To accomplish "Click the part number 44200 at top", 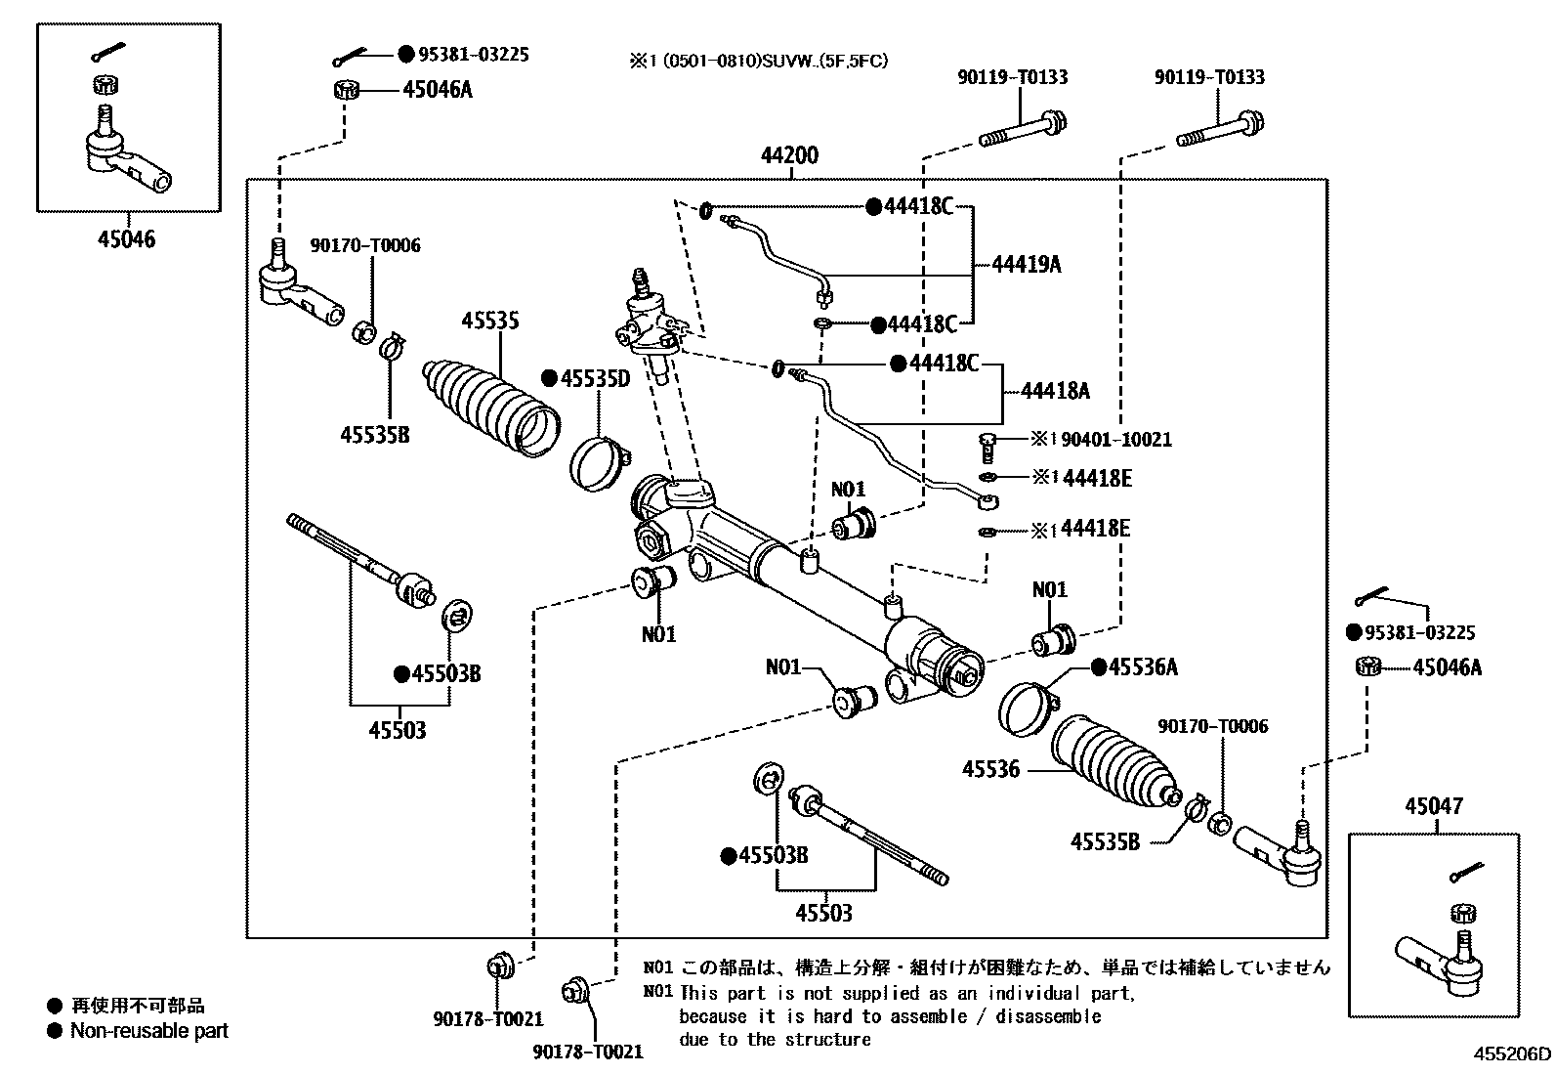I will click(x=789, y=155).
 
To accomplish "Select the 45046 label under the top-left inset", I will click(x=126, y=238).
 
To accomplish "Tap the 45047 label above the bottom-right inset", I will click(x=1433, y=807).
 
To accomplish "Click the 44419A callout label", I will click(x=1026, y=264).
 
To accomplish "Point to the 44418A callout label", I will click(x=1055, y=391).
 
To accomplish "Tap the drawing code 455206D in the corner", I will click(x=1511, y=1054).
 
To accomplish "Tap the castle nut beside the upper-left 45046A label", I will click(x=346, y=91).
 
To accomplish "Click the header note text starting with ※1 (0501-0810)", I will click(x=758, y=61).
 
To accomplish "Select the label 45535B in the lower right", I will click(x=1105, y=841).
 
